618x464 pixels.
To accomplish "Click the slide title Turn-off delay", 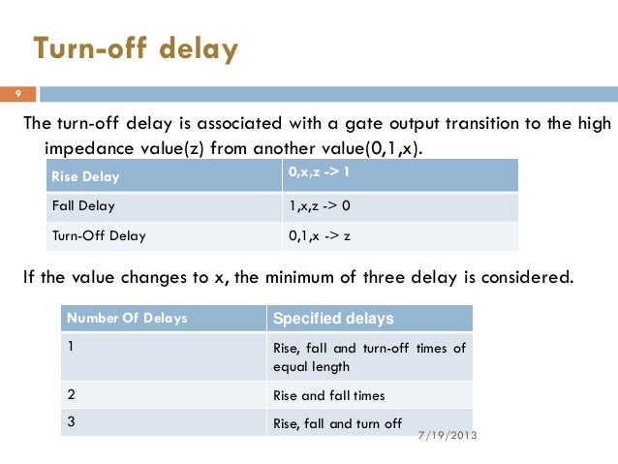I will tap(136, 48).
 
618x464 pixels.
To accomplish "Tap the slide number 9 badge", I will tap(16, 94).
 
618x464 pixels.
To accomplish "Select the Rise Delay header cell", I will tap(78, 176).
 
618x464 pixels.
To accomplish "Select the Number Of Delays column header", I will tap(126, 318).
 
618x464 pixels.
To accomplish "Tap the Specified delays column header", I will tap(334, 319).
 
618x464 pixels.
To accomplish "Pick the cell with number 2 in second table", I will tap(73, 394).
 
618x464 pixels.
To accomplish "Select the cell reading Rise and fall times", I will tap(329, 395).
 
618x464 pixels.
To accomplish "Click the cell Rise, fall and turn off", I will tap(337, 423).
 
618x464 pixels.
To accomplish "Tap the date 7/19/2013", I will tap(446, 435).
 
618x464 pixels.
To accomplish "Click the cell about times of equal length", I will tap(368, 357).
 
